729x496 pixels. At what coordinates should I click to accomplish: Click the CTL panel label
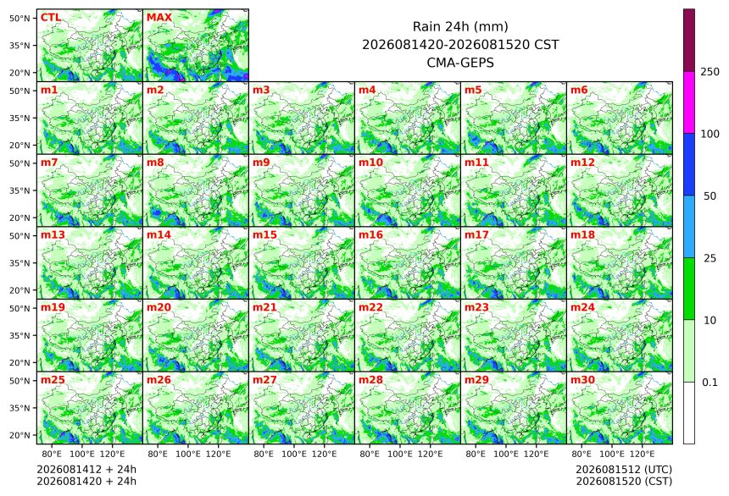click(51, 18)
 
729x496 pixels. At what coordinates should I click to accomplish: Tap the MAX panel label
click(159, 18)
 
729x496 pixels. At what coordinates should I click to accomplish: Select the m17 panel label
click(476, 235)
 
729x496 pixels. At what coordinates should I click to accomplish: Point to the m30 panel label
click(582, 380)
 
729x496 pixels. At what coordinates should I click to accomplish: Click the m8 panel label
click(155, 163)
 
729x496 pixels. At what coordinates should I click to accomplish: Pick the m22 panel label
click(370, 307)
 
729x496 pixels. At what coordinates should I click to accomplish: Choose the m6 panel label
click(579, 90)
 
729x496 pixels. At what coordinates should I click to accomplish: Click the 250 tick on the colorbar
click(710, 72)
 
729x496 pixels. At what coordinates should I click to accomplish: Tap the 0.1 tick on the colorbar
click(710, 383)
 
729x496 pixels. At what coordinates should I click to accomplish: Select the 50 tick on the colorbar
click(710, 196)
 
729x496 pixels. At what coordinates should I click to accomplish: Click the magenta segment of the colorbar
click(689, 102)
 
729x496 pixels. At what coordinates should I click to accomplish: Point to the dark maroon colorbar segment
click(689, 41)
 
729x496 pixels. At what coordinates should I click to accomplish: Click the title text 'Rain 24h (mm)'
click(460, 27)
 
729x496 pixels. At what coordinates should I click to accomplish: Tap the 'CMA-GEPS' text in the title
click(460, 63)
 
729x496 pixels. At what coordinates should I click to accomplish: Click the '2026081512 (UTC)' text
click(624, 470)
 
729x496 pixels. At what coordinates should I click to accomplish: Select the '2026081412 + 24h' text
click(86, 470)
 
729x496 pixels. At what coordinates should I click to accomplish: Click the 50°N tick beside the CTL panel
click(19, 18)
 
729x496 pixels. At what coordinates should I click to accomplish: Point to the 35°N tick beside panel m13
click(19, 263)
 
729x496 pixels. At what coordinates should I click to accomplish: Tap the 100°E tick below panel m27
click(294, 454)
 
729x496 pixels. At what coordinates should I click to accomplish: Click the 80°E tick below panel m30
click(582, 454)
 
